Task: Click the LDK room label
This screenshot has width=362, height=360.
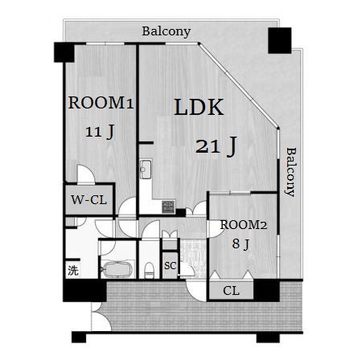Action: tap(199, 107)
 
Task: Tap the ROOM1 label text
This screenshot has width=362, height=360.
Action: tap(101, 103)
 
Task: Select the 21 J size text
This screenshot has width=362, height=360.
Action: tap(216, 146)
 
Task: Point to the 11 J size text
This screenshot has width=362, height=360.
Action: tap(100, 132)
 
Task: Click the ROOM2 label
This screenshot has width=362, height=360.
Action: tap(244, 225)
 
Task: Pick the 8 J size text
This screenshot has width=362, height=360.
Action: tap(241, 244)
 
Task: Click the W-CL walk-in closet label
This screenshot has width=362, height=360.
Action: tap(88, 200)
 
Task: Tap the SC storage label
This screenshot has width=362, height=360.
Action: tap(171, 266)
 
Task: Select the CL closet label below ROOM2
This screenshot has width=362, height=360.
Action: tap(231, 291)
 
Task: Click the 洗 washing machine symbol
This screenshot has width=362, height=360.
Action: tap(73, 270)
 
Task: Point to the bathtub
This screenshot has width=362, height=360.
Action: tap(117, 269)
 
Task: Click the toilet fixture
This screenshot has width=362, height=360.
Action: tap(149, 271)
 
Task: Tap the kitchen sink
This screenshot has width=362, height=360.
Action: tap(146, 169)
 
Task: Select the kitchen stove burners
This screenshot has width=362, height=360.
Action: tap(168, 207)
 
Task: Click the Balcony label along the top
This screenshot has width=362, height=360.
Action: tap(167, 31)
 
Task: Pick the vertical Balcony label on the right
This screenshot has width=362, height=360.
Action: tap(290, 172)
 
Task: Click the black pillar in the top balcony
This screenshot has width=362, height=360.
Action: tap(280, 40)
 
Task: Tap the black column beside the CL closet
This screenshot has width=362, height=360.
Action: tap(267, 290)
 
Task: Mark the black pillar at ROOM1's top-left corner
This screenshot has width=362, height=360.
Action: tap(64, 52)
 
